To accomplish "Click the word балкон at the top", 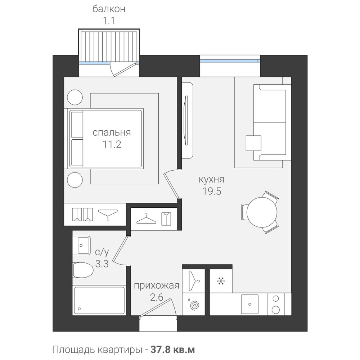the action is pyautogui.click(x=109, y=9).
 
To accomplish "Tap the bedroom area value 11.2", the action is pyautogui.click(x=112, y=144).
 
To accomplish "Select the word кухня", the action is pyautogui.click(x=211, y=179).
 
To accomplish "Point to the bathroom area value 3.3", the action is pyautogui.click(x=102, y=264).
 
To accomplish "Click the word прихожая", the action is pyautogui.click(x=156, y=286).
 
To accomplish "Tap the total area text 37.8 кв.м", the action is pyautogui.click(x=173, y=350).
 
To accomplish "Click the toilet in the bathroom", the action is pyautogui.click(x=83, y=270).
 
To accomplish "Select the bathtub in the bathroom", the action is pyautogui.click(x=99, y=301).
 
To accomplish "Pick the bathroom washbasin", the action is pyautogui.click(x=81, y=245).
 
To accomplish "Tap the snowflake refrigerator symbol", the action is pyautogui.click(x=221, y=281).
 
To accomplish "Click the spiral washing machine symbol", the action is pyautogui.click(x=194, y=305).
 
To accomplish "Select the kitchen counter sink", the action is pyautogui.click(x=249, y=304).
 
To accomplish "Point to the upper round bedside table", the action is pyautogui.click(x=75, y=97).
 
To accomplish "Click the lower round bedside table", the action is pyautogui.click(x=75, y=180).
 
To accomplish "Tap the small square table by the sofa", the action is pyautogui.click(x=253, y=143).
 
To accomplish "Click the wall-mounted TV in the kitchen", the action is pyautogui.click(x=186, y=121).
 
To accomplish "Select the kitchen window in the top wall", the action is pyautogui.click(x=230, y=61).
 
